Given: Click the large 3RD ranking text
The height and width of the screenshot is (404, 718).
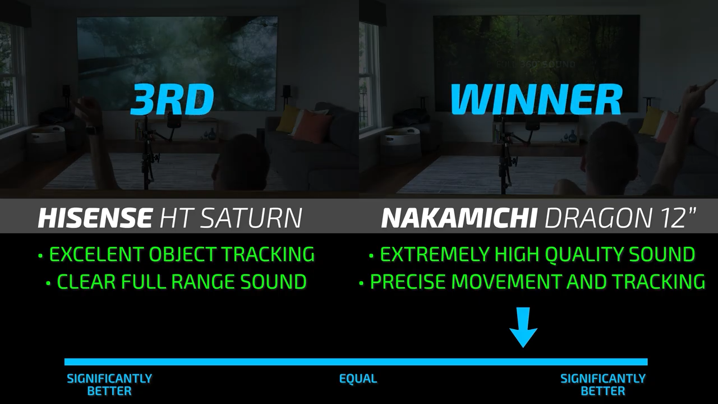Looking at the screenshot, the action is point(172,99).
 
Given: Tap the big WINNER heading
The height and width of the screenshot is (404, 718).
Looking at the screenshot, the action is point(536,99).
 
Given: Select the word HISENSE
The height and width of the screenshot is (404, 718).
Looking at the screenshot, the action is point(95,218).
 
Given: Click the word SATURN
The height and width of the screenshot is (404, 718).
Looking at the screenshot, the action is point(252,218).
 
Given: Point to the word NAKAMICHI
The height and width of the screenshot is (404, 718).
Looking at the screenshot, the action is point(459,218).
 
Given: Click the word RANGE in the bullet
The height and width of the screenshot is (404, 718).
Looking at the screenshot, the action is point(202,282).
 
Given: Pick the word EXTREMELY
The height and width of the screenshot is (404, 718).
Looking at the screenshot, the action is point(435,254).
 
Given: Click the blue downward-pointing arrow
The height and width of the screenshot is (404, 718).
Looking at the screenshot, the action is point(523,327).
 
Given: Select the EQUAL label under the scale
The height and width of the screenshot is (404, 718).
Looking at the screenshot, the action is point(358,379).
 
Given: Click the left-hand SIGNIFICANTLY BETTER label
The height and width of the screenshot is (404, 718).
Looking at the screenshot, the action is point(109,385).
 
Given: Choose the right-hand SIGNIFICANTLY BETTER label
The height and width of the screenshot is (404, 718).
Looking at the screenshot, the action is point(603,385).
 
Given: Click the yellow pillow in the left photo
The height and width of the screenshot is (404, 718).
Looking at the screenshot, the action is point(288,118).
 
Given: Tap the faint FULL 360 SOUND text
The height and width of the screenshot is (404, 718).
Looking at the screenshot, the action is point(536,64).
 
